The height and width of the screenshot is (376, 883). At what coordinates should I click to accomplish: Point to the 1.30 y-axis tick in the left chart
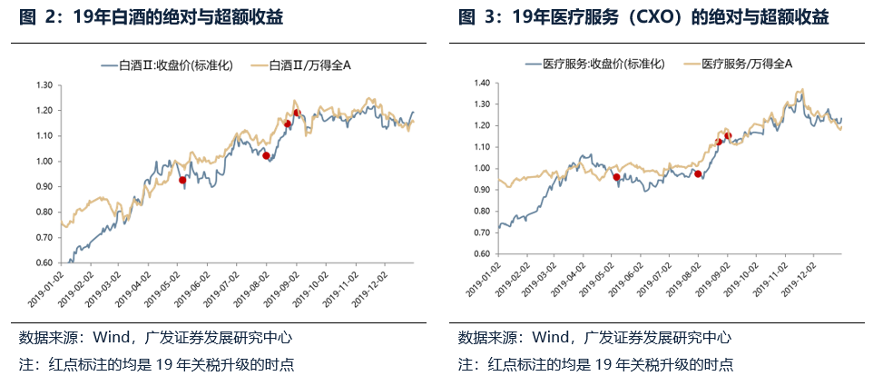43,85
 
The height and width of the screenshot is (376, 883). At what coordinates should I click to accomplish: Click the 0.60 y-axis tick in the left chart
43,263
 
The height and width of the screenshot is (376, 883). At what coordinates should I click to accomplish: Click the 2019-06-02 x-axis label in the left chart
195,289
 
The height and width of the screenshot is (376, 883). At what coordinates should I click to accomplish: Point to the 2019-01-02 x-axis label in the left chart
50,289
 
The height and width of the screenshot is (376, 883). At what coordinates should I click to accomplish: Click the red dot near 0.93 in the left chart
182,181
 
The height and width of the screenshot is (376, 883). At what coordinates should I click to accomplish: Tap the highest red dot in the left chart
296,114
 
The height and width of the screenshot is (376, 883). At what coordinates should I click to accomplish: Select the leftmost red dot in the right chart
616,177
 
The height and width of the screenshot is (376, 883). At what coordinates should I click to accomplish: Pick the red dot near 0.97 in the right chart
698,173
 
